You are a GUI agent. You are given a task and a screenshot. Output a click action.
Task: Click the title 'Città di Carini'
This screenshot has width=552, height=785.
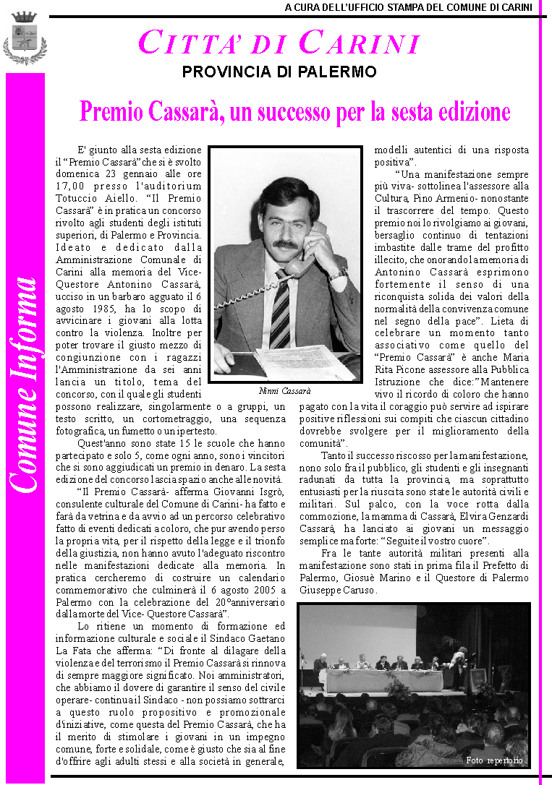[x=279, y=43]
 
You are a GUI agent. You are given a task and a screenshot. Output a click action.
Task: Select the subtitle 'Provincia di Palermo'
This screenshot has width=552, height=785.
[x=279, y=72]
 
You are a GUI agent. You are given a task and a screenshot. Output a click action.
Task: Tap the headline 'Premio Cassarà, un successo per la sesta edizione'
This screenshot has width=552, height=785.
[x=294, y=112]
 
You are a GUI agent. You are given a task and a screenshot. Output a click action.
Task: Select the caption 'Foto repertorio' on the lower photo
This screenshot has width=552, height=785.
[x=495, y=760]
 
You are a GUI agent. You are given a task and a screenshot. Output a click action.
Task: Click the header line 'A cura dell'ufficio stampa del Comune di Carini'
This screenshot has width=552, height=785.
[x=408, y=8]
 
